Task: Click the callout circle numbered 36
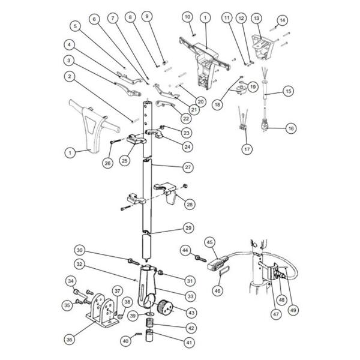point(70,339)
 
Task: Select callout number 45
point(210,242)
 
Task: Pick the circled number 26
point(108,162)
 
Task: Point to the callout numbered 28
point(190,205)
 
